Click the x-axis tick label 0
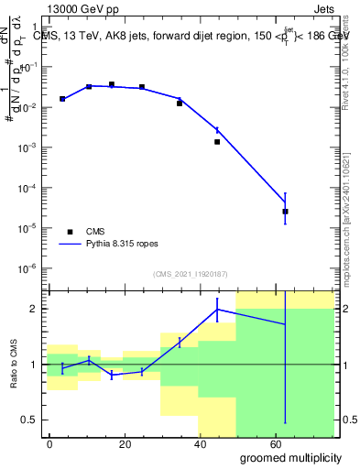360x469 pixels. point(49,443)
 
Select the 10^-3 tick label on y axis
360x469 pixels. point(32,147)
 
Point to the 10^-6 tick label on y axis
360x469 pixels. point(32,268)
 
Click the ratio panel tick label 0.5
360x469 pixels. point(33,420)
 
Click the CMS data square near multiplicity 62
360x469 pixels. point(286,212)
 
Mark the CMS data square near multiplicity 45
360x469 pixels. point(217,142)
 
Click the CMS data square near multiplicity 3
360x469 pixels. point(62,99)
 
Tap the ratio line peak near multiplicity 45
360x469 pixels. point(217,310)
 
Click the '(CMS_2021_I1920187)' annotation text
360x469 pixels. point(190,274)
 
